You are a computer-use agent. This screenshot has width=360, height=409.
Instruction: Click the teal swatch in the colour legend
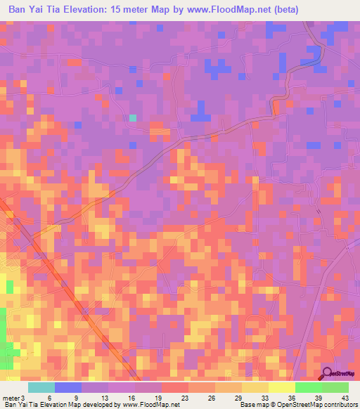click(x=41, y=387)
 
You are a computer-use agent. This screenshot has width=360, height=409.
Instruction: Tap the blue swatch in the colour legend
click(x=68, y=387)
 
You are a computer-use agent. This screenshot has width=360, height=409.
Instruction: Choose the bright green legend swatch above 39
click(x=308, y=387)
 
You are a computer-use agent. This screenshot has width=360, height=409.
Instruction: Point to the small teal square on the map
click(x=132, y=118)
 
